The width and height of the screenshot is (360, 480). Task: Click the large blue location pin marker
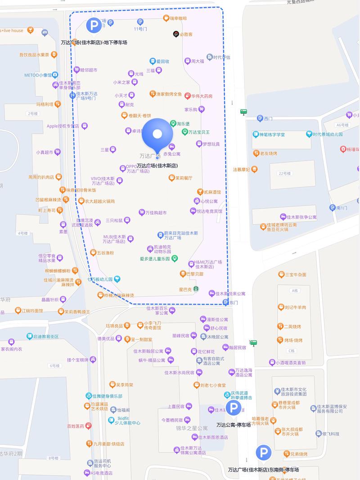[157, 134]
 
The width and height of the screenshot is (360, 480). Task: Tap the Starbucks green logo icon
[196, 289]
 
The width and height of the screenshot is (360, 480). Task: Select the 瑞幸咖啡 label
[178, 18]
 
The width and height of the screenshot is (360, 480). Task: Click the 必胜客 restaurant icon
[176, 34]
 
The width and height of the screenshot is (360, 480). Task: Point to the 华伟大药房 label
[202, 96]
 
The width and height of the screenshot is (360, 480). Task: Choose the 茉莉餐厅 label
[184, 178]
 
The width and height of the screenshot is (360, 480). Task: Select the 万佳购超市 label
[156, 212]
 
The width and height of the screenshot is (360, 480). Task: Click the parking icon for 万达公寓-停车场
[233, 408]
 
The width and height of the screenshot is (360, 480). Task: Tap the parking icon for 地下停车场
[94, 25]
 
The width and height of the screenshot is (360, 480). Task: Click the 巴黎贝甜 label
[194, 274]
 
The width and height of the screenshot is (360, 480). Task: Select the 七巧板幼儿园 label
[100, 279]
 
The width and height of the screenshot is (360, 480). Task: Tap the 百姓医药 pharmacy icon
[88, 426]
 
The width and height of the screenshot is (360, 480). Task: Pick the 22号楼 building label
[285, 173]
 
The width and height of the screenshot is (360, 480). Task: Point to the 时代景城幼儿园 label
[328, 134]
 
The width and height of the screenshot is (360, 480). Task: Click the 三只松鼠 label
[114, 220]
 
